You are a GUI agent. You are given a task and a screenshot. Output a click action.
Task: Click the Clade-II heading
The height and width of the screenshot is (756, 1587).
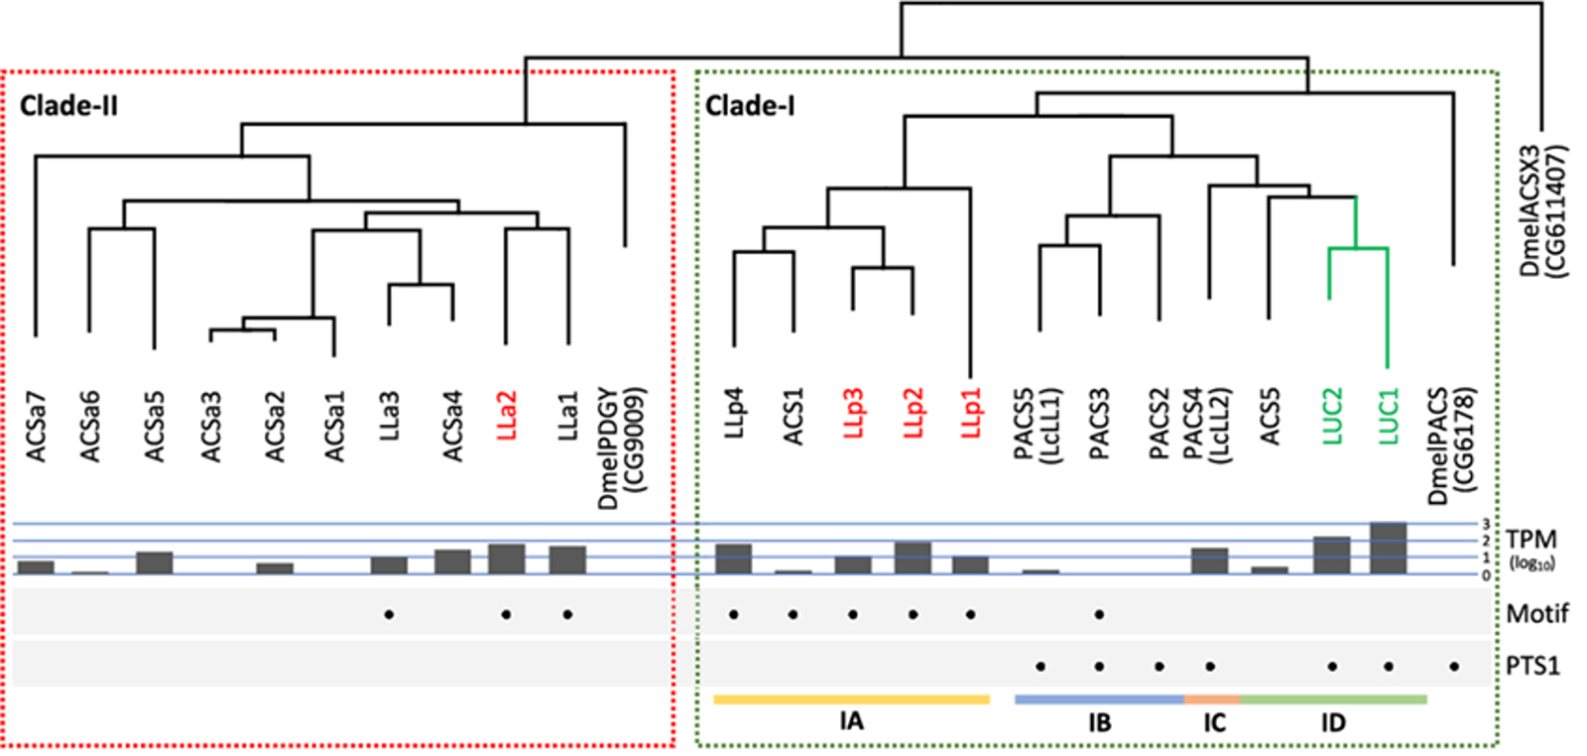click(x=68, y=105)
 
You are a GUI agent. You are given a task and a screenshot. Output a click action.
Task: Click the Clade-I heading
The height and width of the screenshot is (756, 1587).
click(x=749, y=105)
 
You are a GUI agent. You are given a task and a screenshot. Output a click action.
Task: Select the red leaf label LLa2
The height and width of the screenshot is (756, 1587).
click(x=506, y=416)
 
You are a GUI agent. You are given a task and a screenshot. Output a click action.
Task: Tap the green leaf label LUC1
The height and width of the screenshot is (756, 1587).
click(x=1388, y=414)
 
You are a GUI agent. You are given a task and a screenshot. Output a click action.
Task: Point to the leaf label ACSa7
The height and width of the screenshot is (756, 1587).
click(x=36, y=426)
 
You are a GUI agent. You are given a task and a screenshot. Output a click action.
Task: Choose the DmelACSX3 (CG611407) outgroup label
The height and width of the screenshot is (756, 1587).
click(x=1542, y=211)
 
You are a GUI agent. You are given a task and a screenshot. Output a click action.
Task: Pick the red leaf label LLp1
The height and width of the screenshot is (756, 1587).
click(x=971, y=411)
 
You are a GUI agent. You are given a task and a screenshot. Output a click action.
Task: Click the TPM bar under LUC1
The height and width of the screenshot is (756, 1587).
click(x=1388, y=548)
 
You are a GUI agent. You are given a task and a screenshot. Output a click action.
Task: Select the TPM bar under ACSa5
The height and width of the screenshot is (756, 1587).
click(x=155, y=563)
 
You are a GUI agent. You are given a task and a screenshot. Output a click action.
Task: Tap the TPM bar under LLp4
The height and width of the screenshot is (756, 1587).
click(x=734, y=559)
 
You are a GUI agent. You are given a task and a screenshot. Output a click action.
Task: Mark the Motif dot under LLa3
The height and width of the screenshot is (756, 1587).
click(x=389, y=615)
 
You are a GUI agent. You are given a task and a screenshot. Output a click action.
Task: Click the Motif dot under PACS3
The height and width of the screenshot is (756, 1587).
click(x=1099, y=615)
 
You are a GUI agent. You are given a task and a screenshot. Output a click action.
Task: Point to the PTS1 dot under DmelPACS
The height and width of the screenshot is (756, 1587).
click(x=1454, y=667)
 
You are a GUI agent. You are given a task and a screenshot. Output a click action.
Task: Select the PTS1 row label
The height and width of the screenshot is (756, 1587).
click(x=1532, y=666)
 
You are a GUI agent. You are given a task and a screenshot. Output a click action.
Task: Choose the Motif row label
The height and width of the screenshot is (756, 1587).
click(x=1536, y=614)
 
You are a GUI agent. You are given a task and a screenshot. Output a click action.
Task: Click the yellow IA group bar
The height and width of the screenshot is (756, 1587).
click(x=851, y=699)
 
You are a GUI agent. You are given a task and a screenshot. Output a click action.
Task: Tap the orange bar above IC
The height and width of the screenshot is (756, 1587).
click(x=1212, y=699)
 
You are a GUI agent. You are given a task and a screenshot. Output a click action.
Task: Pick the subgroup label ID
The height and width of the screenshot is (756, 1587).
click(x=1333, y=722)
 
